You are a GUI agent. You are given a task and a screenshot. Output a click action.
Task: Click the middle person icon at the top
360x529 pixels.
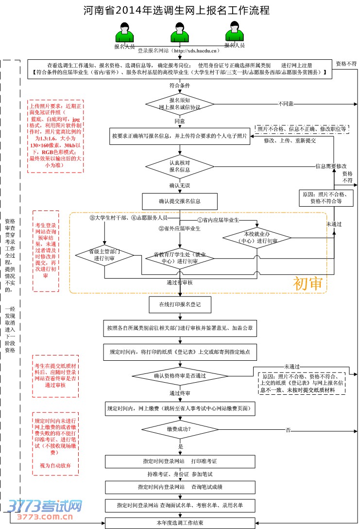[x=179, y=34]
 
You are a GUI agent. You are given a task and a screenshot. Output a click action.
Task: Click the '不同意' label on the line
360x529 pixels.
[x=286, y=104]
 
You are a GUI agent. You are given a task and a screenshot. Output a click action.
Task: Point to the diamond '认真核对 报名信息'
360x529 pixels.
[x=180, y=166]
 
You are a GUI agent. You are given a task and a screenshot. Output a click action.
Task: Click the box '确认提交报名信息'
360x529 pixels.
[x=179, y=201]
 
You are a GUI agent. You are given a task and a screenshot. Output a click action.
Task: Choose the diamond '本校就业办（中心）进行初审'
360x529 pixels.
[x=257, y=238]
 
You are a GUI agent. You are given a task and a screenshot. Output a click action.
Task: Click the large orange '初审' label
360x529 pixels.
[x=308, y=283]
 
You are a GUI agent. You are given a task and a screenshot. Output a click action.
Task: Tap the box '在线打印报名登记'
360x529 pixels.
[x=179, y=304]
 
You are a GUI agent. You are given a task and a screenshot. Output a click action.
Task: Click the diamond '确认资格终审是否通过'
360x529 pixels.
[x=180, y=375]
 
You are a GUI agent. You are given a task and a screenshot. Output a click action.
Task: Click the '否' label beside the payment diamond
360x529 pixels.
[x=288, y=430]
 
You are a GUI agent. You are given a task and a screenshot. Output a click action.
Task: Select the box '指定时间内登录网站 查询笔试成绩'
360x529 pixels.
[x=180, y=487]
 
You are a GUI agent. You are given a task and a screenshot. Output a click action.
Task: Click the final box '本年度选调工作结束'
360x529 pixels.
[x=180, y=523]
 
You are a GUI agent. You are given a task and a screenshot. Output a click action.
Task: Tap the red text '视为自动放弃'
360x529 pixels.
[x=55, y=465]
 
